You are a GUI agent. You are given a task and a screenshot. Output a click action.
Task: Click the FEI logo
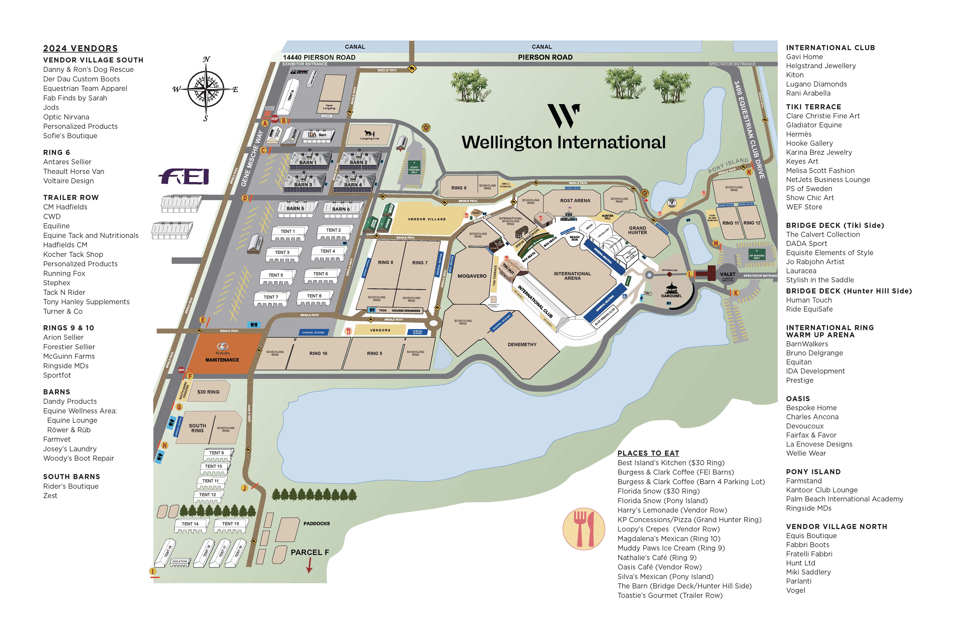(184, 177)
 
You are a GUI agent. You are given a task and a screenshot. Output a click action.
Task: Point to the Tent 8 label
(314, 296)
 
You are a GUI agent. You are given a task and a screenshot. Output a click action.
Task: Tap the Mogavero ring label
(472, 276)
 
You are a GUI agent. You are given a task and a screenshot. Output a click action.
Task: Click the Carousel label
(671, 296)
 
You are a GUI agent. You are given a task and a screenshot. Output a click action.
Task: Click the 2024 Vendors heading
(80, 48)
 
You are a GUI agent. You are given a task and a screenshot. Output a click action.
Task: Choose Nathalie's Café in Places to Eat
(657, 558)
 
